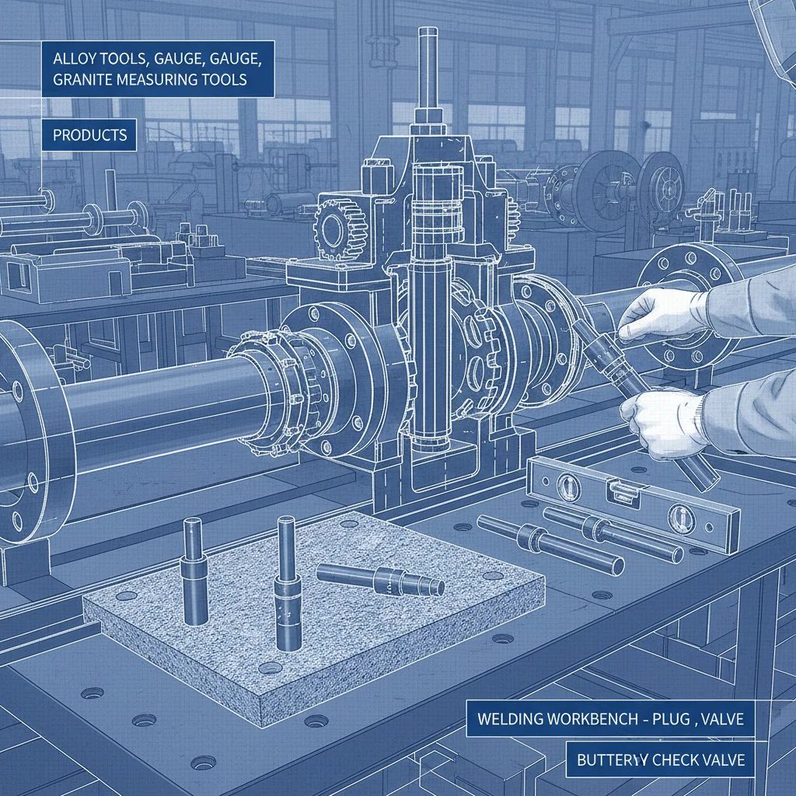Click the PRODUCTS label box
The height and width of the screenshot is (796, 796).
click(90, 135)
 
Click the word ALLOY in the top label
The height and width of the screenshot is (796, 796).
click(73, 58)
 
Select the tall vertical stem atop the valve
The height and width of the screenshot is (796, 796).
click(427, 70)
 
